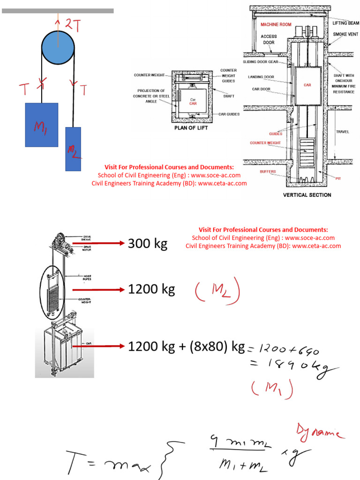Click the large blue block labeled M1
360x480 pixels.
41,125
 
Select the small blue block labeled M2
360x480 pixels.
73,149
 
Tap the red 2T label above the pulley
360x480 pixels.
72,26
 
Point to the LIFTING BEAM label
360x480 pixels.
346,23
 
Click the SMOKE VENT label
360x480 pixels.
345,34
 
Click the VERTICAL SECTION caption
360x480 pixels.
307,195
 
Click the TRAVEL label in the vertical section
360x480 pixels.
343,132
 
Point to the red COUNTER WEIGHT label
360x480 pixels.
265,143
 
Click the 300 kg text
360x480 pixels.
147,244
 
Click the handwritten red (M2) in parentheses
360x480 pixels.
217,292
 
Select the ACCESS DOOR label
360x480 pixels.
269,39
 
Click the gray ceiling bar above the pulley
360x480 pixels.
58,10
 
